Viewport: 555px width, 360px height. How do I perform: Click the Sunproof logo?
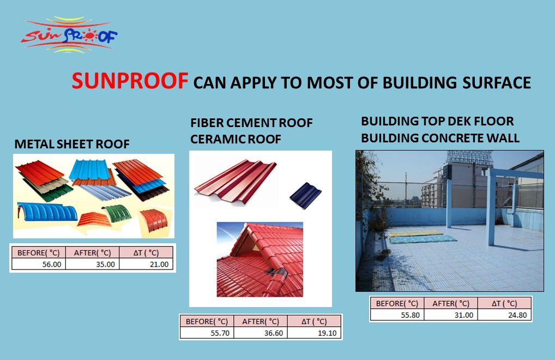click(x=69, y=35)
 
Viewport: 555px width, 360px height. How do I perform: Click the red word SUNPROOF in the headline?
click(x=130, y=81)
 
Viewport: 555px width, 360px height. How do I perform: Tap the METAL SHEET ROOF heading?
click(x=72, y=144)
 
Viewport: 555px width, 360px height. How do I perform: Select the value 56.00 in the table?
click(x=52, y=265)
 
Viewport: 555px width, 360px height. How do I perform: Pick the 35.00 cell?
click(x=105, y=265)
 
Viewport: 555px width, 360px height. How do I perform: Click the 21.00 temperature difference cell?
click(x=159, y=265)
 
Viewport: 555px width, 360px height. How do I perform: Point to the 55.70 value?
click(x=220, y=333)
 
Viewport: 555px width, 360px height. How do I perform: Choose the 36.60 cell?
click(x=274, y=333)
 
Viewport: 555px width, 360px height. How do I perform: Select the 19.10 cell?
click(x=327, y=333)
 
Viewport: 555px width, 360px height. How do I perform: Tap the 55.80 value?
click(x=410, y=315)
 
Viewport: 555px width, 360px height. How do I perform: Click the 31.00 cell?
click(x=464, y=315)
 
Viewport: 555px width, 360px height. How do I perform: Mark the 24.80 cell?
click(x=517, y=315)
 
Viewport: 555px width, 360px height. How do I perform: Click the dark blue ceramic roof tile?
click(x=305, y=195)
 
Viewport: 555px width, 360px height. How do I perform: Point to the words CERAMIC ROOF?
click(x=236, y=139)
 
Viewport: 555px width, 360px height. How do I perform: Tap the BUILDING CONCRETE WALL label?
click(x=441, y=137)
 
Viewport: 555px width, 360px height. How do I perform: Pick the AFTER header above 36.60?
click(x=261, y=321)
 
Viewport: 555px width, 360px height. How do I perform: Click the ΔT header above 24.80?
click(x=504, y=303)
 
